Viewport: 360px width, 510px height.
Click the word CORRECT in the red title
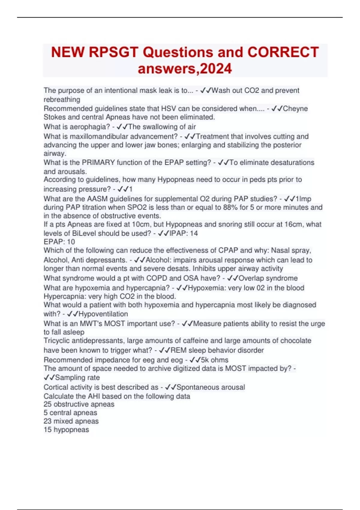(283, 52)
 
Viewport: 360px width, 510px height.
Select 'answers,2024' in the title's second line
(184, 69)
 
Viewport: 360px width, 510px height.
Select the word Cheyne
(295, 109)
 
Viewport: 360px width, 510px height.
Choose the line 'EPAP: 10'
(59, 242)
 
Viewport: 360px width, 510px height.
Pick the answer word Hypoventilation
(103, 314)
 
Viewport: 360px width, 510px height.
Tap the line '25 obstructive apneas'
(79, 404)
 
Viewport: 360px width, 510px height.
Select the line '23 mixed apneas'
(71, 421)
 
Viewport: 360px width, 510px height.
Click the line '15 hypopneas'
(66, 430)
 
